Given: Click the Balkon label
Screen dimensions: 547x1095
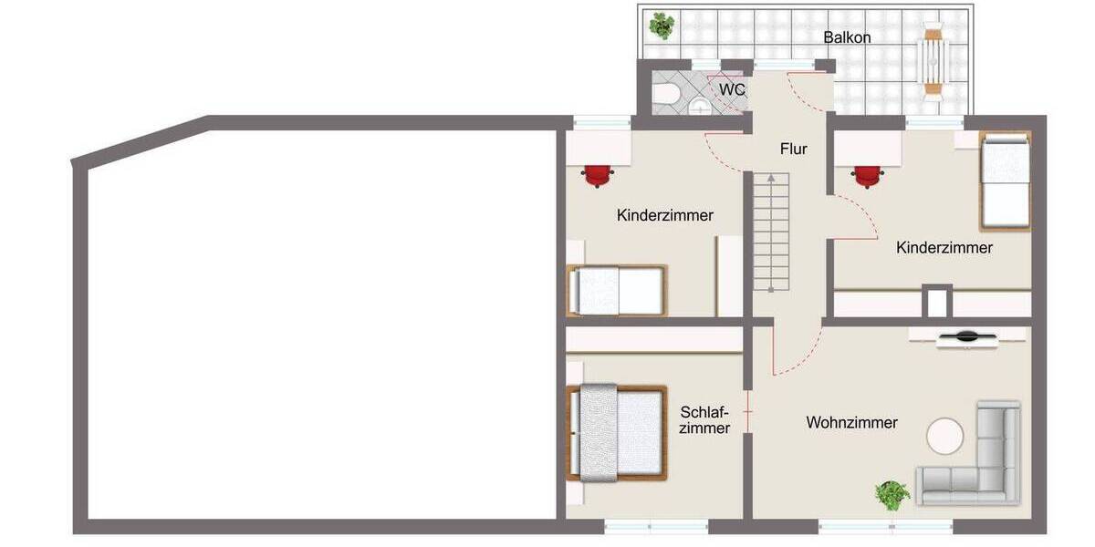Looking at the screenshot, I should tap(847, 37).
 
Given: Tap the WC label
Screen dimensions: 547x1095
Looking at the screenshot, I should tap(732, 89).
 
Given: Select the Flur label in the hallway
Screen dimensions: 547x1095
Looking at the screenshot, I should tap(793, 149).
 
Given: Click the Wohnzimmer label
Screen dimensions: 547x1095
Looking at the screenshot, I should tap(851, 422).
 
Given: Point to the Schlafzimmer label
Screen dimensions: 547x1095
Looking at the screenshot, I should tap(705, 419).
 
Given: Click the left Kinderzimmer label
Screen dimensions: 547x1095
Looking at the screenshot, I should tap(664, 216).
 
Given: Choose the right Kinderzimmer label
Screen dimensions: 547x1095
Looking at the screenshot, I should tap(944, 247).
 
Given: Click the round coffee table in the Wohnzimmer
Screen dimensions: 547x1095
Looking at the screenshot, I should tap(946, 436).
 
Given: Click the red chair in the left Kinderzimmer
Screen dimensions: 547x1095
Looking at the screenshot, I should tap(597, 174).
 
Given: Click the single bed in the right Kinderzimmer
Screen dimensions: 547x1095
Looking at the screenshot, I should tap(1005, 181).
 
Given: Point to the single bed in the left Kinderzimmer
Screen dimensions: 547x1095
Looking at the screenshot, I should tap(617, 290).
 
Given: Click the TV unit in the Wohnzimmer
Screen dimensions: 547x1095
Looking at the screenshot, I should tap(965, 337).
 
